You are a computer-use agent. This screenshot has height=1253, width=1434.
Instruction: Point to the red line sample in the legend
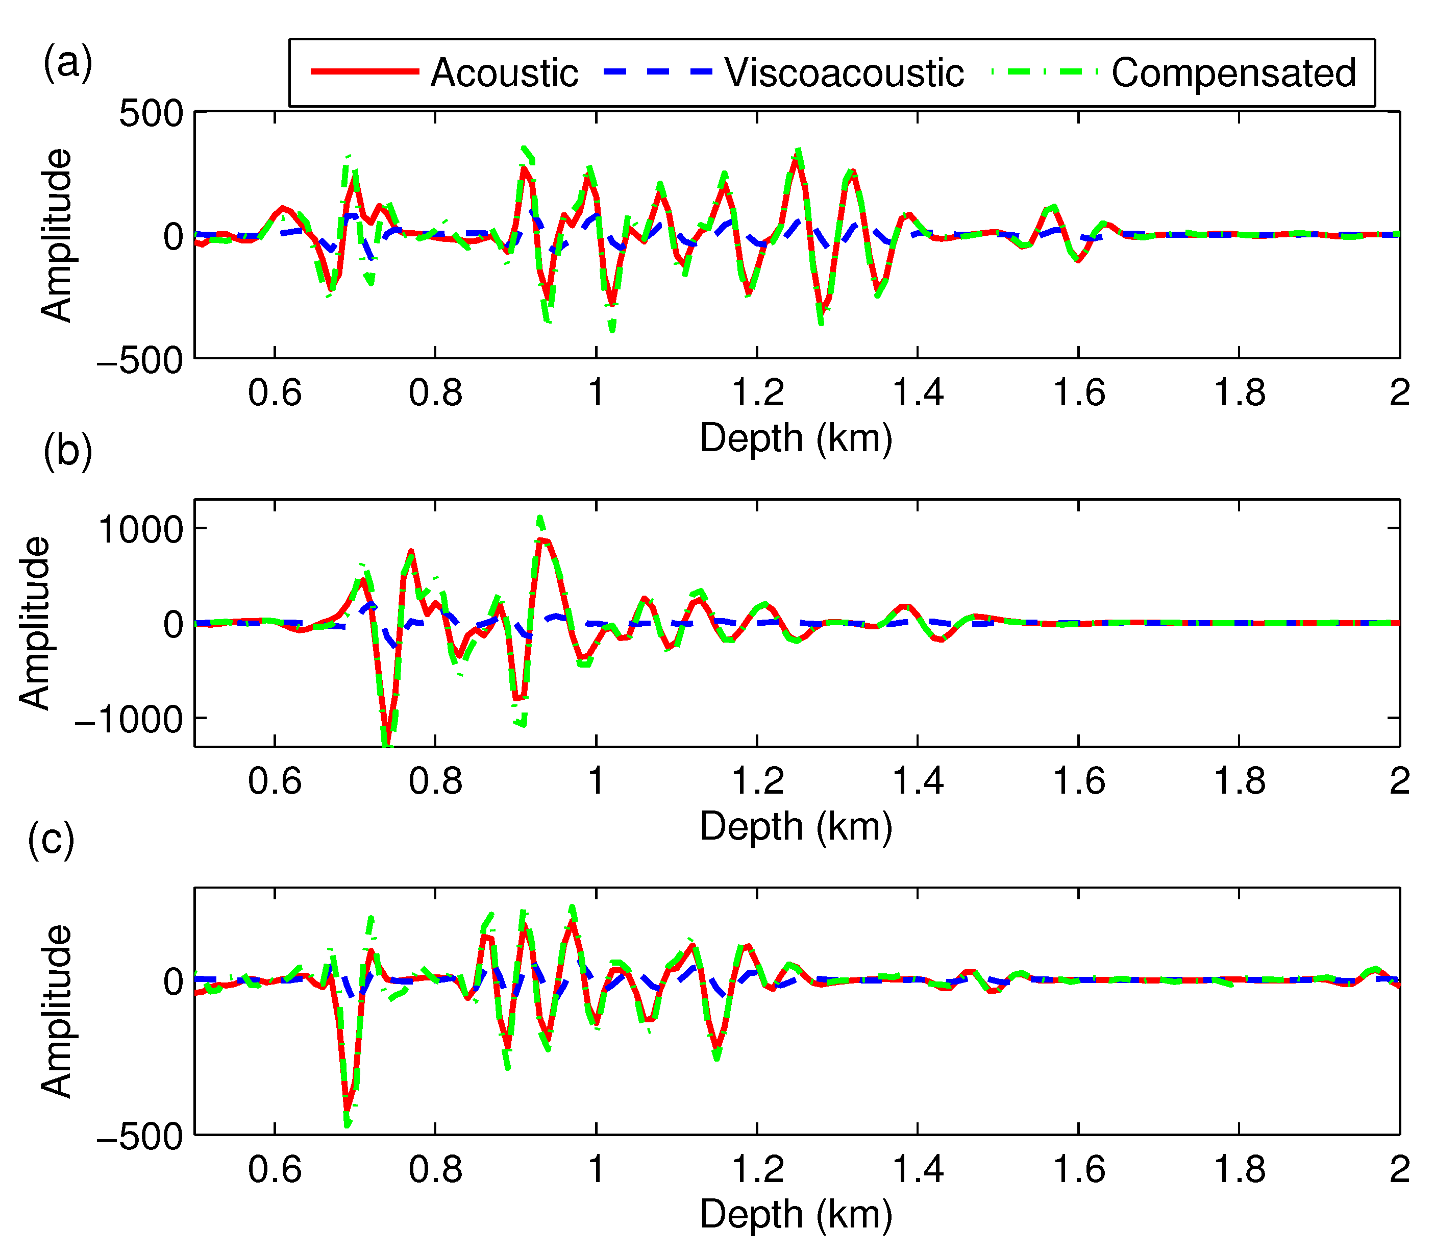click(365, 72)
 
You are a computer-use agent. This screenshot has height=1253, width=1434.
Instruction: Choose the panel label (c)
click(51, 839)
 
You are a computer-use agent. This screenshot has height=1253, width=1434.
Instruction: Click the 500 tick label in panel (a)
click(151, 113)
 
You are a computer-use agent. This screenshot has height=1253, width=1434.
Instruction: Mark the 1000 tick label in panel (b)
click(140, 529)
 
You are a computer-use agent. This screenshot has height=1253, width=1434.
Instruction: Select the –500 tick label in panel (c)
click(140, 1138)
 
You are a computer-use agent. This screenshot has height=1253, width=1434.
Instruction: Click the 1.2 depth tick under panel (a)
click(757, 393)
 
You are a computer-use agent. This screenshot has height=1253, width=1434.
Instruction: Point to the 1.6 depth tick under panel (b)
click(1079, 781)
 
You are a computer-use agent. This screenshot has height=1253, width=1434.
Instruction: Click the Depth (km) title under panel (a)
click(797, 438)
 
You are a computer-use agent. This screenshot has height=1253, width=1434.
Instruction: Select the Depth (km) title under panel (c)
click(797, 1215)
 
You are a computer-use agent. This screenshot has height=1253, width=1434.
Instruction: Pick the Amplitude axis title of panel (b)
click(35, 623)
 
